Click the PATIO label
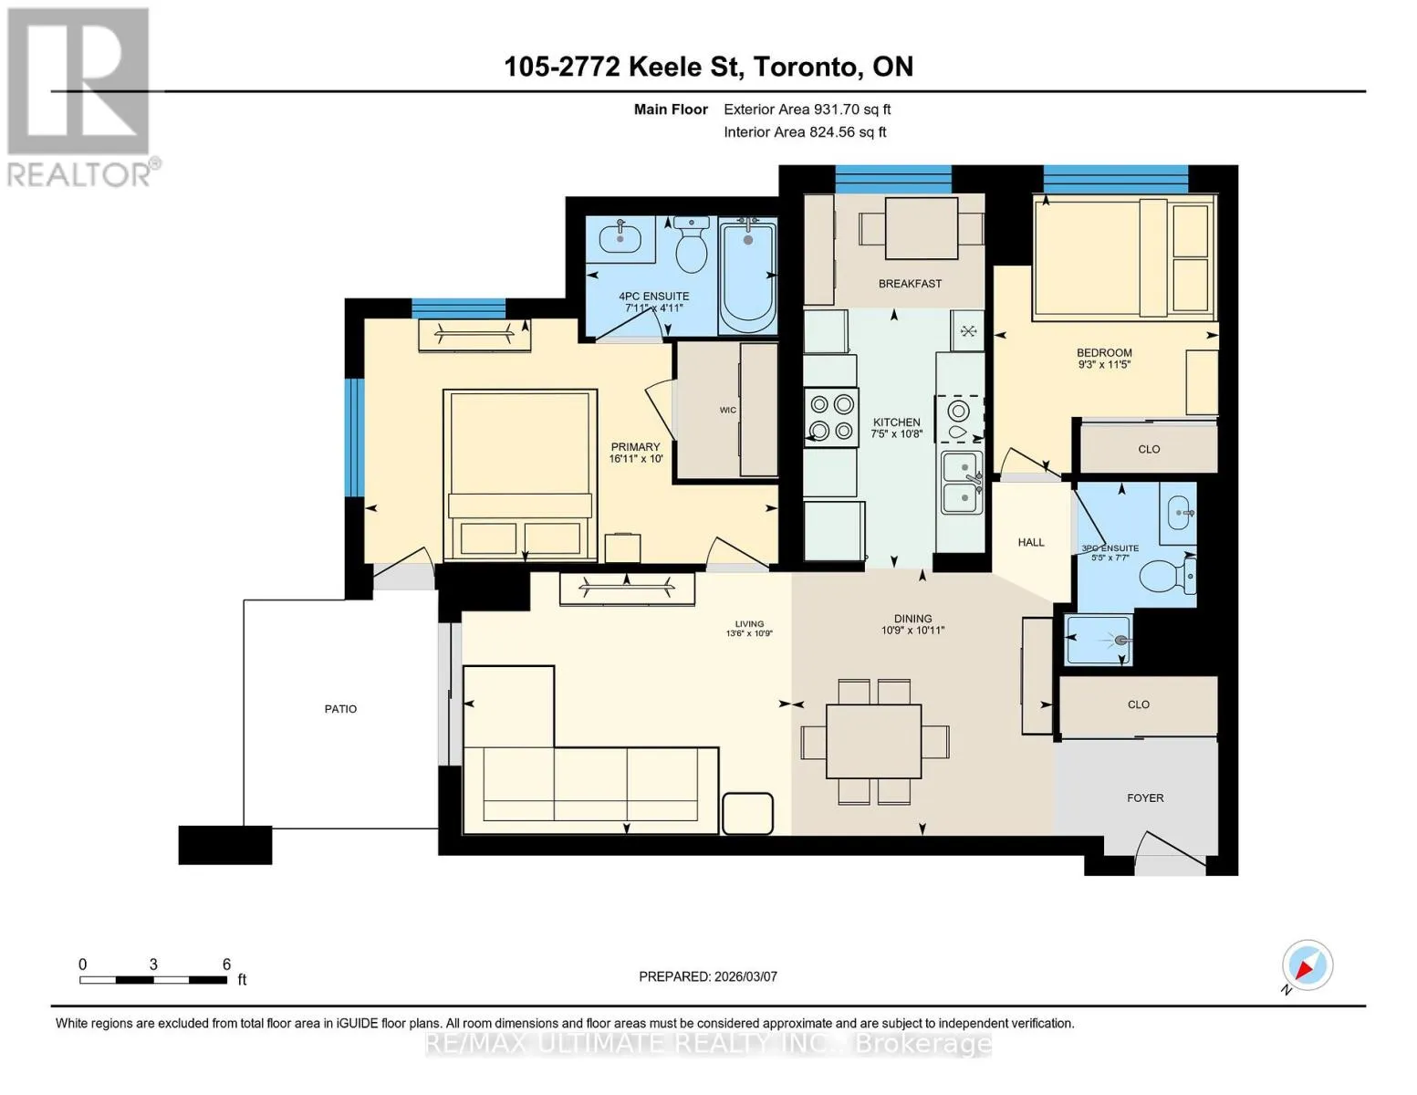click(x=340, y=709)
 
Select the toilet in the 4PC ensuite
click(x=692, y=245)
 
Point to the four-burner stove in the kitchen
click(x=831, y=417)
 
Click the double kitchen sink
click(x=961, y=484)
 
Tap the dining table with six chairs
click(x=874, y=742)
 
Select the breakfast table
click(x=922, y=228)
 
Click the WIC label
click(x=728, y=411)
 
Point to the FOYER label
click(x=1145, y=798)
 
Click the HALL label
click(x=1031, y=542)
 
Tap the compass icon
click(x=1308, y=965)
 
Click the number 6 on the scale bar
click(x=226, y=964)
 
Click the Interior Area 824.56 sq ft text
click(x=805, y=131)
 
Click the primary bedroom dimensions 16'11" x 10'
click(x=636, y=458)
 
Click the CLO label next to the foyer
click(x=1138, y=704)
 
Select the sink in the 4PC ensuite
click(x=620, y=239)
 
